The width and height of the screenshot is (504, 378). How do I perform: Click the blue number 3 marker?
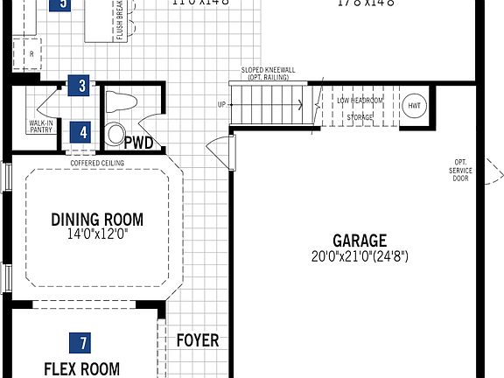pos(81,86)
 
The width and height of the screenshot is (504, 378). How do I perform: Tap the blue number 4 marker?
pos(83,132)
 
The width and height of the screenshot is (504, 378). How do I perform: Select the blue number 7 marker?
pos(83,342)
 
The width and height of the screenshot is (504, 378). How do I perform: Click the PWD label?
pos(138,142)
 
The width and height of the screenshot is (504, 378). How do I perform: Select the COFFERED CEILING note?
pos(97,163)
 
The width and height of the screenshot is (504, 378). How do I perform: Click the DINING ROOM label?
pos(96,220)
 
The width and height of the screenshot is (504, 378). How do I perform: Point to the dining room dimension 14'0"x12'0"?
pos(96,234)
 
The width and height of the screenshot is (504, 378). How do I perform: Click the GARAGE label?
pos(359,240)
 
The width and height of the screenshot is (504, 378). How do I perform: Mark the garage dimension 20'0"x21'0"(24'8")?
pos(359,256)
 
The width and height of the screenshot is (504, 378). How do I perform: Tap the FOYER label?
pos(198,340)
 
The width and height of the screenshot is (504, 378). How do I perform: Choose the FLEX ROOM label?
pos(82,368)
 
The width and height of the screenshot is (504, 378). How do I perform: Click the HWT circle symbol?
pos(414,105)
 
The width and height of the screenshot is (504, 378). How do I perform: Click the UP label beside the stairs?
pos(221,105)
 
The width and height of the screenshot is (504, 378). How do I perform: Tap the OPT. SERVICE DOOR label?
pos(460,170)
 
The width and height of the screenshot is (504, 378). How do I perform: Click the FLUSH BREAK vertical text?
pos(120,20)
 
